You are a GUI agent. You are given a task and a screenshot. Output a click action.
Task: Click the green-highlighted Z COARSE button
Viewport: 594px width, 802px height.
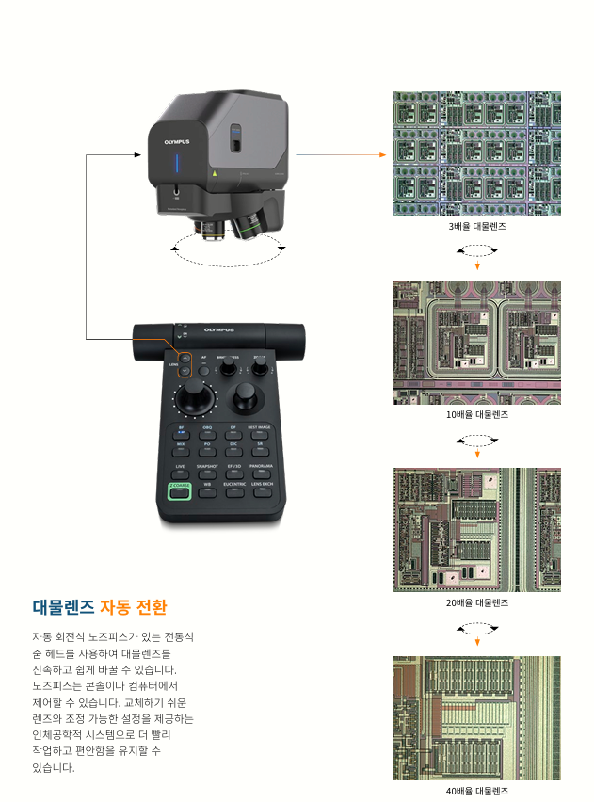point(179,489)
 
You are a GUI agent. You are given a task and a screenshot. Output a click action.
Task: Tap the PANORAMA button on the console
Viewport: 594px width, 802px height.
point(262,468)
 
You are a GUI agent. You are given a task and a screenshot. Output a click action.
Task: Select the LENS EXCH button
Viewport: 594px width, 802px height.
point(262,487)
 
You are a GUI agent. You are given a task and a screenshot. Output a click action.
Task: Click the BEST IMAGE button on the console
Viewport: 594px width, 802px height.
point(259,430)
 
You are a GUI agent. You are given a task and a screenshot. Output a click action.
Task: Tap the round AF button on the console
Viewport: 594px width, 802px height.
point(203,369)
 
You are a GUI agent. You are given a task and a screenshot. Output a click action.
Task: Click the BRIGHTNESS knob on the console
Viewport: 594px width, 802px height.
point(228,369)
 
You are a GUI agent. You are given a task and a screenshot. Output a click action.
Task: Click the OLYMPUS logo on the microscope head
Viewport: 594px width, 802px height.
point(177,141)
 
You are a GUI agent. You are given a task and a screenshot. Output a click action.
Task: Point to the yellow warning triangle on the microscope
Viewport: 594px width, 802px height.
point(215,173)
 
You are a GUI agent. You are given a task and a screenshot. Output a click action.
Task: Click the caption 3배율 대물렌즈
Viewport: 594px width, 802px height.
point(476,227)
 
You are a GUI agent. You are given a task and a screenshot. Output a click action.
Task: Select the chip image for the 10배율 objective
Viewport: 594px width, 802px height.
point(476,342)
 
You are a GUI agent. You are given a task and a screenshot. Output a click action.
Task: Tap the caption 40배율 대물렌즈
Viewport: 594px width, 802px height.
point(476,791)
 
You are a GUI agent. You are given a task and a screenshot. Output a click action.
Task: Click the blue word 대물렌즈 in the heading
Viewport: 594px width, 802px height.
point(63,606)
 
